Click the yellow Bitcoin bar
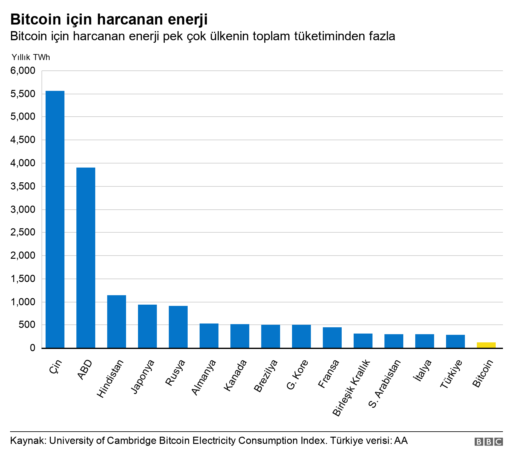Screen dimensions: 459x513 [x=486, y=345]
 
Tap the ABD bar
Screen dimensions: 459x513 [x=86, y=257]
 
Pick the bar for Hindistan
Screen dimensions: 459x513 [x=117, y=321]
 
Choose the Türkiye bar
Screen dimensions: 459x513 [x=455, y=341]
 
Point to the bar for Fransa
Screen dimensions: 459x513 [x=332, y=337]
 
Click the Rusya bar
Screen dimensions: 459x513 [x=178, y=327]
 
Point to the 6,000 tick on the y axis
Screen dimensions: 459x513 [x=23, y=71]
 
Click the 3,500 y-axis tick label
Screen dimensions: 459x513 [x=23, y=186]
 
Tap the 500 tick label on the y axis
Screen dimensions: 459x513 [x=27, y=325]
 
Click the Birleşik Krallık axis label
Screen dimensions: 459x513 [x=352, y=388]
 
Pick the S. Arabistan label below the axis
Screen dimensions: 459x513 [x=384, y=384]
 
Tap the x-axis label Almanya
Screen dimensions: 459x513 [x=204, y=378]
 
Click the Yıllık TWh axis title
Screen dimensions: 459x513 [x=30, y=57]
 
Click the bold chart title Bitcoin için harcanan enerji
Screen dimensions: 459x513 [x=109, y=19]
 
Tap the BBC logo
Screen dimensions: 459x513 [x=488, y=442]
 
